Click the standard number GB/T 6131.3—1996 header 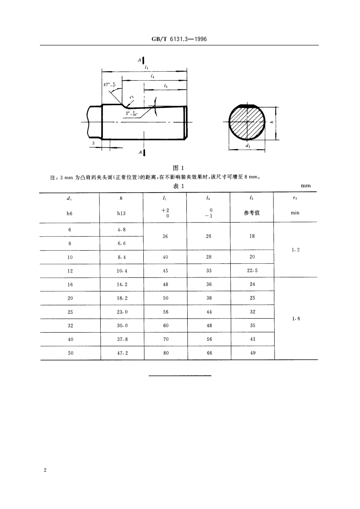click(x=180, y=39)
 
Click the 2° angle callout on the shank click(x=132, y=113)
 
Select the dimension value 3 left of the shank click(x=93, y=143)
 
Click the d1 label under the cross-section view click(x=247, y=146)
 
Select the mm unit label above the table click(x=306, y=186)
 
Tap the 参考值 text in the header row click(x=252, y=213)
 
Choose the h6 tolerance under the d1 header click(x=70, y=213)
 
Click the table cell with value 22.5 click(x=252, y=271)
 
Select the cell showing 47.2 click(x=121, y=353)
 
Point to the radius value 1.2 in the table click(x=295, y=250)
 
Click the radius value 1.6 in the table click(x=295, y=319)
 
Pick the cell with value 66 click(x=209, y=353)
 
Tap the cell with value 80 click(x=165, y=353)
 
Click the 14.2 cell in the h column click(x=121, y=284)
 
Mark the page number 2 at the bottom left click(x=44, y=470)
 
